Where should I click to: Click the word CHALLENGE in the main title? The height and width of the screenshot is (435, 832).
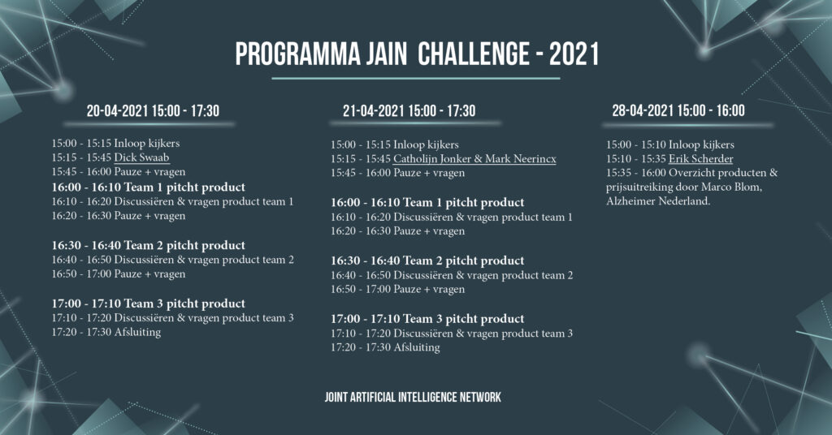point(474,54)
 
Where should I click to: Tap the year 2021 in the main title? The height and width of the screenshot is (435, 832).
point(574,54)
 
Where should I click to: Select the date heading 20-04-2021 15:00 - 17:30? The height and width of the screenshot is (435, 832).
point(153,110)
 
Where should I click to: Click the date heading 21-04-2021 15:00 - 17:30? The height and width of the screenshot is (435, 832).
point(409,110)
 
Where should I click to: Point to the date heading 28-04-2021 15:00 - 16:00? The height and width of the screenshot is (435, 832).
point(678,110)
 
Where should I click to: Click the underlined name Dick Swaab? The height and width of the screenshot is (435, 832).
point(141,157)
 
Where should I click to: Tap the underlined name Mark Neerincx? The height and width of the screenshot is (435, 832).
point(521,159)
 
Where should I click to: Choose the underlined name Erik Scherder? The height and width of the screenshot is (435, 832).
point(701,159)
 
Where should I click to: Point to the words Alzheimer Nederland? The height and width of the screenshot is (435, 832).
point(658,201)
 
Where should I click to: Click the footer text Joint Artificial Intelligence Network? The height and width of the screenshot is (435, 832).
point(413,398)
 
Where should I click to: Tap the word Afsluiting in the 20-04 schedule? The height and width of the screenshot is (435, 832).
point(137,332)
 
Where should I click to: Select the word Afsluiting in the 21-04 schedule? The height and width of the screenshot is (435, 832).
point(417,347)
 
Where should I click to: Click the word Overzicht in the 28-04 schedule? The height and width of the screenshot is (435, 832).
point(693,173)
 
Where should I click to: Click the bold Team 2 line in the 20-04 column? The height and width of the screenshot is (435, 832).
point(149,245)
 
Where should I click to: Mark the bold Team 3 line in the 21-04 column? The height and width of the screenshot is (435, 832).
point(427,319)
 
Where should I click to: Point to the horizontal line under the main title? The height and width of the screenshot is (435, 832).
point(416,79)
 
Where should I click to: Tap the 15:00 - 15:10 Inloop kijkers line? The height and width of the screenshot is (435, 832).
point(670,144)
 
